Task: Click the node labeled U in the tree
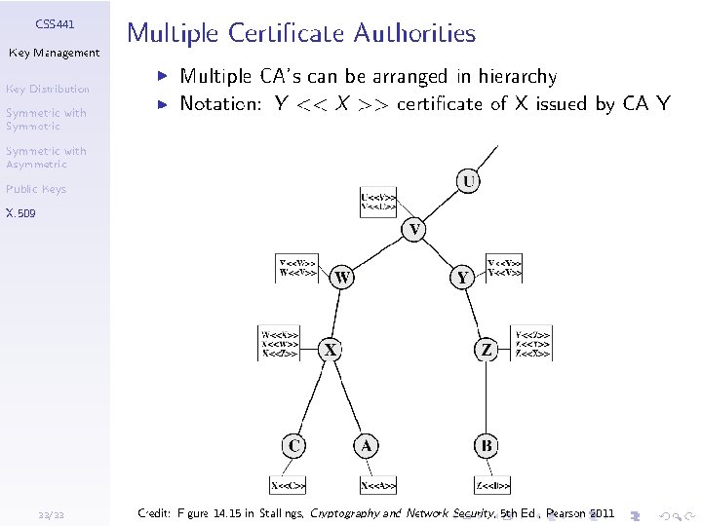tap(470, 182)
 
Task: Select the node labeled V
tap(414, 230)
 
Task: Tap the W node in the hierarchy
tap(342, 277)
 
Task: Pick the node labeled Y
tap(463, 277)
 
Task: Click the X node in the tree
tap(331, 349)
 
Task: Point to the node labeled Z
tap(487, 349)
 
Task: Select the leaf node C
tap(293, 446)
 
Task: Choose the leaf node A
tap(366, 446)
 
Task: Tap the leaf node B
tap(487, 446)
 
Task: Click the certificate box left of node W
tap(297, 268)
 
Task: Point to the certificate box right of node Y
tap(504, 268)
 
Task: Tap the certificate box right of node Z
tap(532, 345)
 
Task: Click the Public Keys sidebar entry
tap(35, 189)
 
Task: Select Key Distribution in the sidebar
tap(47, 89)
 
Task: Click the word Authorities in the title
tap(413, 34)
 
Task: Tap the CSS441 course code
tap(55, 22)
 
